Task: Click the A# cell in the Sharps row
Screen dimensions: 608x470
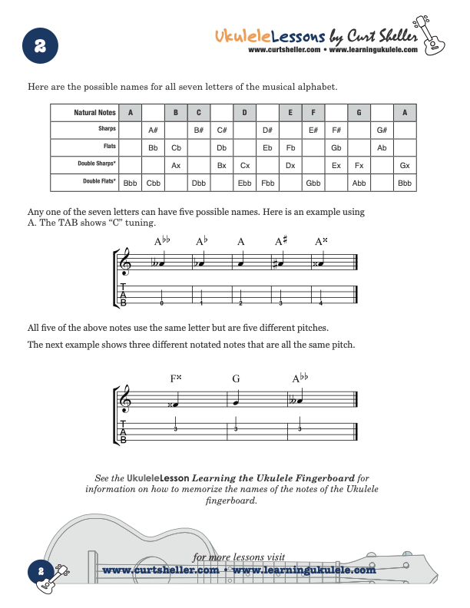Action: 153,130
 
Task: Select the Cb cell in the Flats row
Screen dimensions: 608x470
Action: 176,147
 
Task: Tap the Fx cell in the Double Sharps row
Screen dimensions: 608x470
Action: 359,165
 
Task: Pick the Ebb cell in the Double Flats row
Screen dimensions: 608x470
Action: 245,183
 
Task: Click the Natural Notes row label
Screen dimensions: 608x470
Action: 95,113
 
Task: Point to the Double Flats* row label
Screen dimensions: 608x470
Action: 99,183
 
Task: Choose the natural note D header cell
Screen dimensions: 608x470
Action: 244,113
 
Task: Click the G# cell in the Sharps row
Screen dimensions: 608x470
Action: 382,130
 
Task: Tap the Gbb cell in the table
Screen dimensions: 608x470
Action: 313,183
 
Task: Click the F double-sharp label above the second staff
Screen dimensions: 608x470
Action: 176,378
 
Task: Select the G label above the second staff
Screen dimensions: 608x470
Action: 236,378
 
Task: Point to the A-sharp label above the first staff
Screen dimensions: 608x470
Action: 281,242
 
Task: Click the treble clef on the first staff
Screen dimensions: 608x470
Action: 125,263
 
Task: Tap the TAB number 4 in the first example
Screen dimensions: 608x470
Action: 321,302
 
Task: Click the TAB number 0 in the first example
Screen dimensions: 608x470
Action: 161,302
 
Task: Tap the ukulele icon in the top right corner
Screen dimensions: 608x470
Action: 435,31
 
